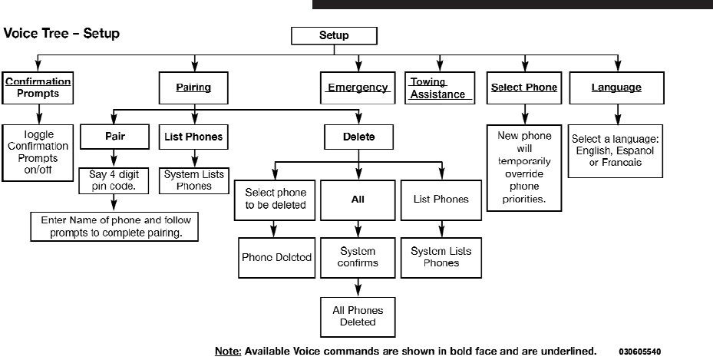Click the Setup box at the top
point(334,35)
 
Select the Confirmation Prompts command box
point(38,88)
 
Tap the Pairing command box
point(193,88)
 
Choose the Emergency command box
point(357,88)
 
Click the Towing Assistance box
point(439,88)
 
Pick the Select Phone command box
point(524,88)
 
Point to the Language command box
point(616,88)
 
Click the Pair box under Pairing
point(114,137)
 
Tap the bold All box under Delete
point(358,199)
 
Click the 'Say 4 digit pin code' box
point(114,180)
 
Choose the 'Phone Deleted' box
point(276,258)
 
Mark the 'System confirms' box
point(358,257)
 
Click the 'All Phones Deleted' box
point(358,315)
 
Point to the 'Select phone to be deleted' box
point(276,199)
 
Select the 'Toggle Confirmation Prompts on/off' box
point(38,152)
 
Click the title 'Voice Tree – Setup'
point(62,35)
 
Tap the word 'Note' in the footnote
point(227,352)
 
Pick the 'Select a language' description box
point(616,151)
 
